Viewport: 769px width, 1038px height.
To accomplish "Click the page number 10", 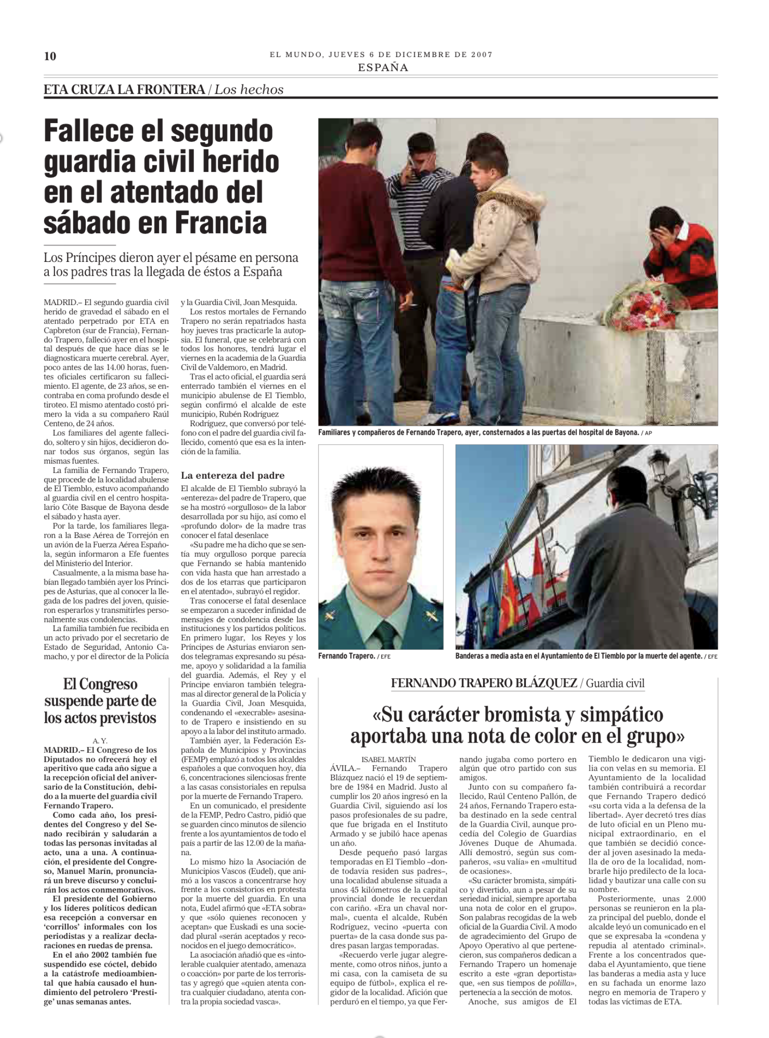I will (x=50, y=56).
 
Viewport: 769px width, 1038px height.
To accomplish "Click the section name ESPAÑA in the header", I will (x=383, y=68).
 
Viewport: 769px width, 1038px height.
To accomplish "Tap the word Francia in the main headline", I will (x=221, y=223).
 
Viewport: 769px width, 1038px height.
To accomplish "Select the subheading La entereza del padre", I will (x=232, y=475).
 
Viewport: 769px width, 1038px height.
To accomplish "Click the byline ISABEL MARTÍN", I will (x=388, y=759).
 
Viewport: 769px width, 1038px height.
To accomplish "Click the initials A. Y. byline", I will (x=100, y=741).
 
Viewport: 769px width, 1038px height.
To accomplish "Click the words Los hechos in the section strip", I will (x=249, y=90).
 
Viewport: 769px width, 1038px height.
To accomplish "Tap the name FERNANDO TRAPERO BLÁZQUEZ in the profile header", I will (x=484, y=683).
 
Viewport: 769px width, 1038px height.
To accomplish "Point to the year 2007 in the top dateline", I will (x=482, y=55).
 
